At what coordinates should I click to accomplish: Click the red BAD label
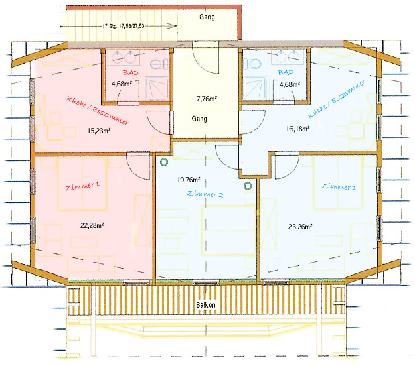coord(131,72)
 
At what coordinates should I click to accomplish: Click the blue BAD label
coord(286,72)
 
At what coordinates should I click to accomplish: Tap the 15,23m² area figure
coord(99,131)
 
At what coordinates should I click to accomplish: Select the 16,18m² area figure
coord(298,129)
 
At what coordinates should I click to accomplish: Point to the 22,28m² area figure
coord(92,225)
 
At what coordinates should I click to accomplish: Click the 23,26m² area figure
coord(300,227)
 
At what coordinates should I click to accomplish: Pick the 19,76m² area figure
coord(189,180)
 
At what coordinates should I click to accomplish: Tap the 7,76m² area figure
coord(207,99)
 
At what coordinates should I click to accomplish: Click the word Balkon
coord(205,305)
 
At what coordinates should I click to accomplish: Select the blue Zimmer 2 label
coord(205,194)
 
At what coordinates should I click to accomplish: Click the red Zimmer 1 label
coord(82,186)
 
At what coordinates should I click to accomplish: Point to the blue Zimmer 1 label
coord(339,187)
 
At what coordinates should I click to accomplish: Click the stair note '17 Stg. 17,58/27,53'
coord(123,26)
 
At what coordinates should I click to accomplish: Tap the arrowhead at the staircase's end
coord(172,26)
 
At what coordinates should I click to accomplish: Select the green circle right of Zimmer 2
coord(248,186)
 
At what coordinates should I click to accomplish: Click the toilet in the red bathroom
coord(159,64)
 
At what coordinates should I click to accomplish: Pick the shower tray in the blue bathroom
coord(254,88)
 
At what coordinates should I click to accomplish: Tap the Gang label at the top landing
coord(207,17)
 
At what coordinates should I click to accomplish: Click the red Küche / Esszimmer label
coord(98,110)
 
